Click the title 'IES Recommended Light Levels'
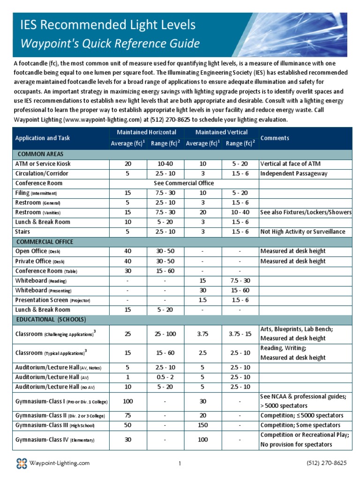coord(105,24)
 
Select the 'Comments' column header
coord(275,138)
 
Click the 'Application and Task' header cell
coord(43,138)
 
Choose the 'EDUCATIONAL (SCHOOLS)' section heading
coord(51,320)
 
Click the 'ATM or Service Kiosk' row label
coord(43,164)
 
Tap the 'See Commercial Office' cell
coord(184,183)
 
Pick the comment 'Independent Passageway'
coord(293,173)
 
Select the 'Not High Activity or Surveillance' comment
coord(303,232)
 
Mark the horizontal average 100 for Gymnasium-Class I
coord(128,401)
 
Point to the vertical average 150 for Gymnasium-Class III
coord(203,425)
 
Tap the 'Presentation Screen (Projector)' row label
coord(52,300)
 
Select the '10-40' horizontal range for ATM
coord(165,164)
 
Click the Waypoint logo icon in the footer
coord(21,464)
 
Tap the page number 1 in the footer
coord(180,464)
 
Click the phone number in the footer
coord(327,463)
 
